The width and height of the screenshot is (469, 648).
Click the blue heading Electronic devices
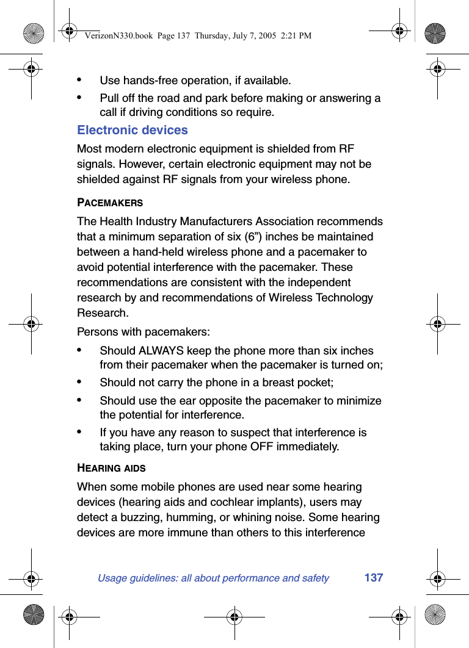coord(132,130)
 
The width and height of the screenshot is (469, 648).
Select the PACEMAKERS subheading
coord(110,202)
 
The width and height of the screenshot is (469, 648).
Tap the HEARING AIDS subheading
coord(111,468)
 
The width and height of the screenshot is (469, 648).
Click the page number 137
coord(373,577)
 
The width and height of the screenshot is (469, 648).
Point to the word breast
coord(278,383)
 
